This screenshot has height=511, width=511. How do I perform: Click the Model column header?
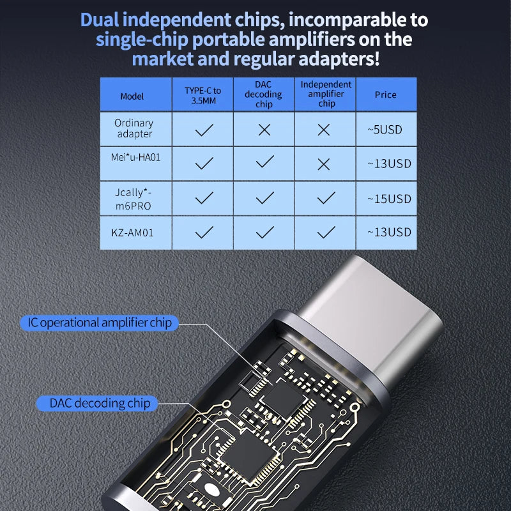[x=132, y=96]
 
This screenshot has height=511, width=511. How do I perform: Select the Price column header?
[x=386, y=95]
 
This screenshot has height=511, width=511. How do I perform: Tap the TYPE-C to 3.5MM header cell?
[x=203, y=95]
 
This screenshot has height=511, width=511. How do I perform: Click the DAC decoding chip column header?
[x=264, y=95]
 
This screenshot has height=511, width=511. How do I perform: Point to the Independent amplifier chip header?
[x=326, y=94]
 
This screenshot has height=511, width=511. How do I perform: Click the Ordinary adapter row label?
[x=134, y=128]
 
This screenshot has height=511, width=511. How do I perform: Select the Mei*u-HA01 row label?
[x=135, y=156]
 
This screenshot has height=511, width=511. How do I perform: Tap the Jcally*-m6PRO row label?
[x=135, y=197]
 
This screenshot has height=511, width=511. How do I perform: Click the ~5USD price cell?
[x=385, y=129]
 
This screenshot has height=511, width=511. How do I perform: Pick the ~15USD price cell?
[x=389, y=199]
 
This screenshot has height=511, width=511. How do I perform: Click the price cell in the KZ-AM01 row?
[x=389, y=233]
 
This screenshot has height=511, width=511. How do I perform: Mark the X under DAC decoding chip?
[x=264, y=130]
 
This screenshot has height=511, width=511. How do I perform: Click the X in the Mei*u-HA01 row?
[x=324, y=164]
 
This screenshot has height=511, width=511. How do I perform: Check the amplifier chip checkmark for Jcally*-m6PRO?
[x=326, y=198]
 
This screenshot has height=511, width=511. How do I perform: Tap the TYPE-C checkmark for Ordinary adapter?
[x=204, y=130]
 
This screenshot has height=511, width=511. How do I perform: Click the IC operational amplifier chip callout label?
[x=99, y=323]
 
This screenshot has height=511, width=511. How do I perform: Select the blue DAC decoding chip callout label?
[x=100, y=403]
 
